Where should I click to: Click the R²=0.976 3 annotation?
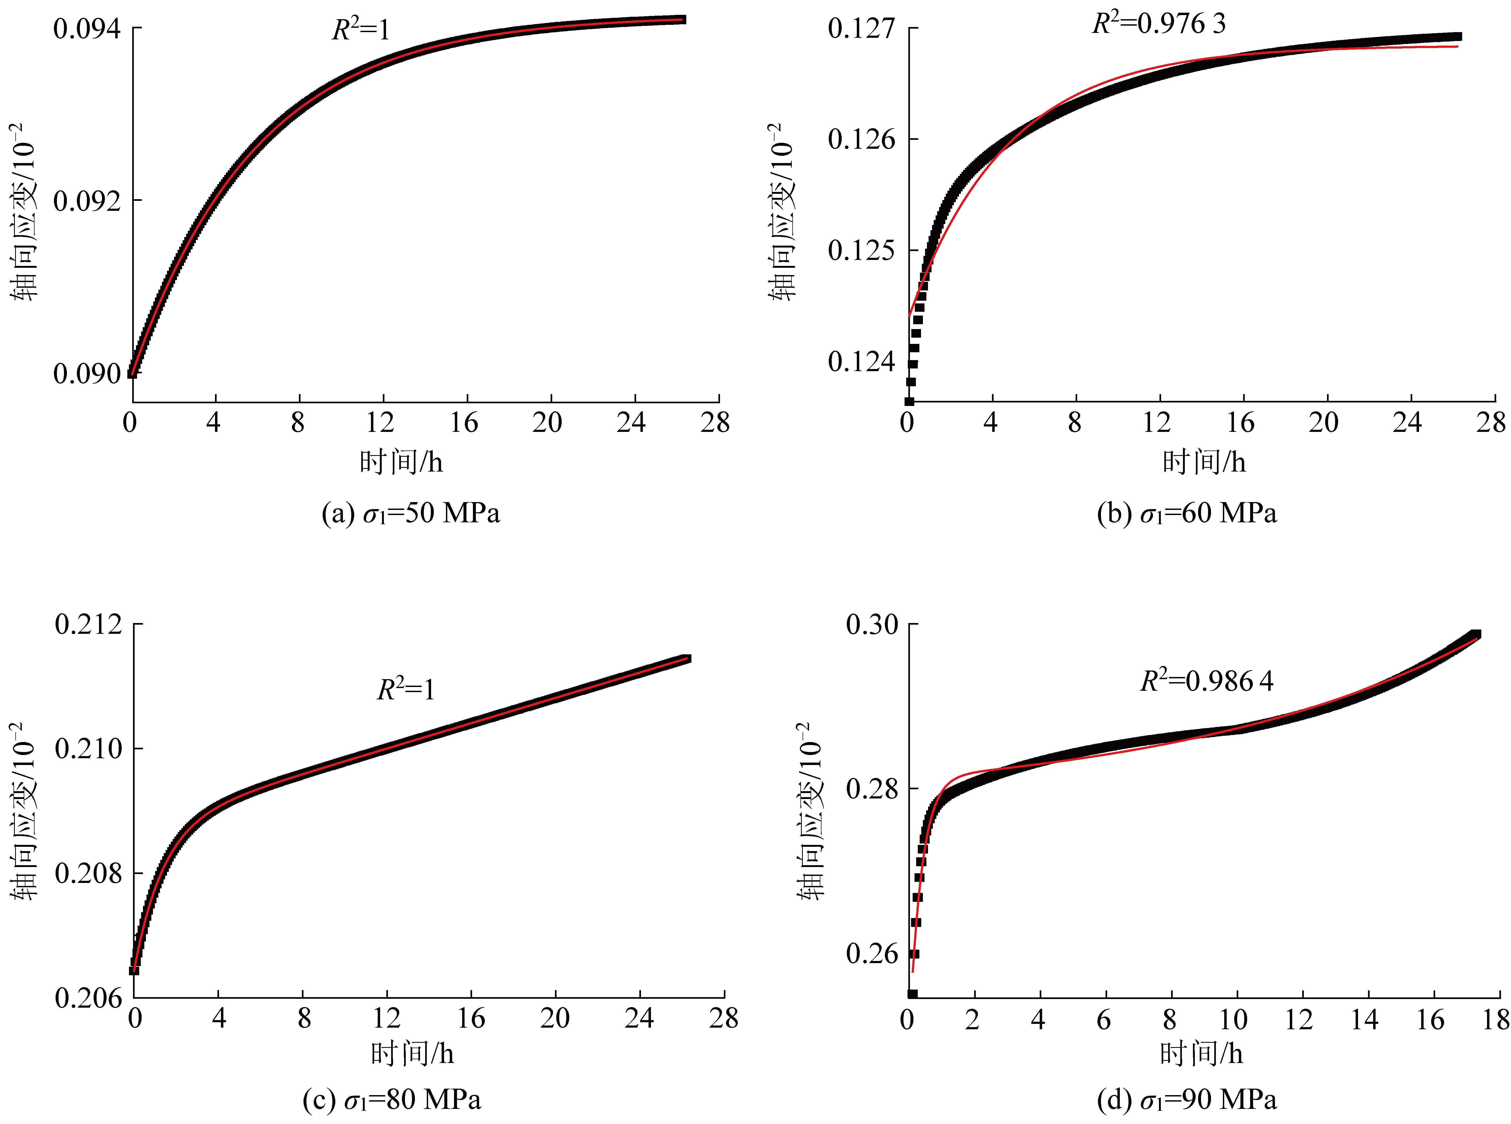click(x=1159, y=24)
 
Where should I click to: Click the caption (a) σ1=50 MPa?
click(x=411, y=513)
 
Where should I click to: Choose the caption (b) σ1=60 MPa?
click(x=1187, y=513)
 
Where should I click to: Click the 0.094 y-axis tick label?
click(x=87, y=29)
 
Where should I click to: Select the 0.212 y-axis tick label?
click(x=88, y=624)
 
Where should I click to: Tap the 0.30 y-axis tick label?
click(x=872, y=624)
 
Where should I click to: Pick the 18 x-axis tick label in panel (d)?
click(x=1495, y=1019)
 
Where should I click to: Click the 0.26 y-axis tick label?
click(x=872, y=954)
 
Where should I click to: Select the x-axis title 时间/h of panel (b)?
click(x=1204, y=462)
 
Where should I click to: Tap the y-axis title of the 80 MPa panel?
click(x=25, y=811)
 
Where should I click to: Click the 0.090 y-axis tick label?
click(x=87, y=374)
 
